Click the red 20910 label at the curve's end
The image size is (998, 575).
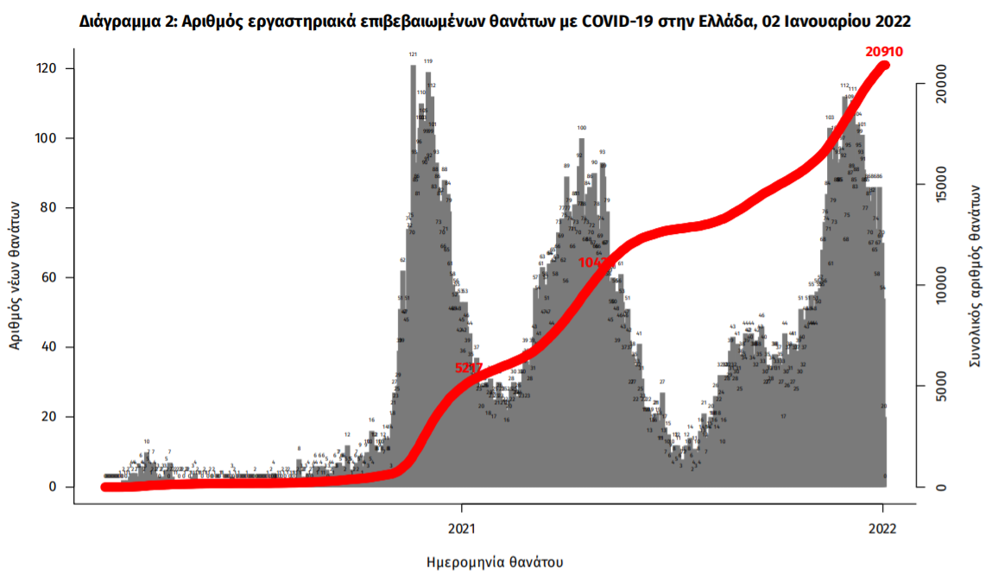click(884, 52)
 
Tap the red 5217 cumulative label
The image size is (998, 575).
click(468, 368)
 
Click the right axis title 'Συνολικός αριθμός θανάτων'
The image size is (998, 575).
click(976, 276)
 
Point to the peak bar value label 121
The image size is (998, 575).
click(413, 54)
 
